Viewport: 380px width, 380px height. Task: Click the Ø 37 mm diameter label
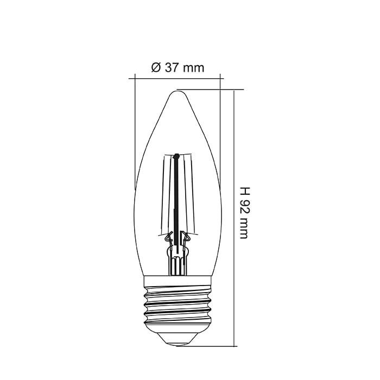point(178,68)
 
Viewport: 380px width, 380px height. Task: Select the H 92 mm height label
point(245,213)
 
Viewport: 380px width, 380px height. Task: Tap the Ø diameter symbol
point(156,68)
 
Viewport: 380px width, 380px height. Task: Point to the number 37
point(171,68)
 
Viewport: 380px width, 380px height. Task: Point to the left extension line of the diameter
point(134,130)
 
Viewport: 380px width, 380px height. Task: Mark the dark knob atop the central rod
point(176,157)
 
